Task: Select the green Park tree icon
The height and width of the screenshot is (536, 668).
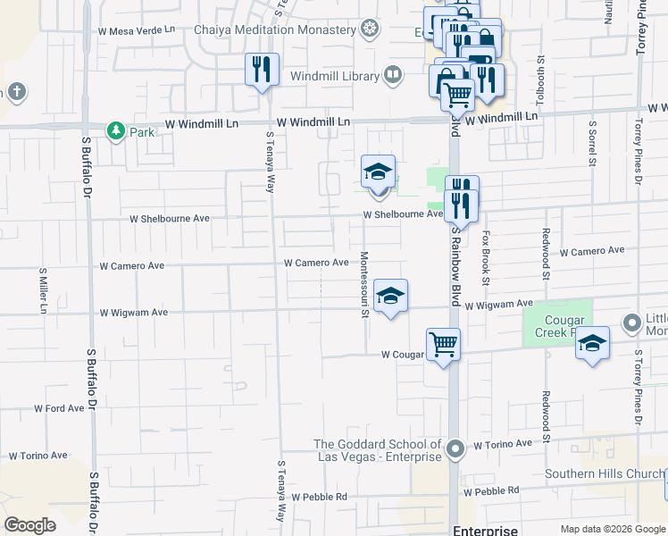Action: point(115,131)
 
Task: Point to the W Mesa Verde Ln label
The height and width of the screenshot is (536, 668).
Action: point(137,29)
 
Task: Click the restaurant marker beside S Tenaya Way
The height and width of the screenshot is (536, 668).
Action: point(262,69)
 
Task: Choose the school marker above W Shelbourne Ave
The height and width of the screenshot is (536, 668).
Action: point(378,172)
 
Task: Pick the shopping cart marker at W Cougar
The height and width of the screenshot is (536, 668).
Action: point(443,344)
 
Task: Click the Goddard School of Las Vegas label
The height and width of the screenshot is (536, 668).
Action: point(378,450)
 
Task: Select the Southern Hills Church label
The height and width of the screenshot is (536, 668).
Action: point(601,474)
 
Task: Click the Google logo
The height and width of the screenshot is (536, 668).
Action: point(30,525)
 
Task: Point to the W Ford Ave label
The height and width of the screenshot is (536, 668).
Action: point(59,408)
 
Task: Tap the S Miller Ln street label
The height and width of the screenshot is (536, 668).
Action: point(42,290)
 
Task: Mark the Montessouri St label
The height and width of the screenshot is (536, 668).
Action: point(364,289)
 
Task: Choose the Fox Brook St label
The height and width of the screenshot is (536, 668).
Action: point(487,258)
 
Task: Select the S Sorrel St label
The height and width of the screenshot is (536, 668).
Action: point(591,147)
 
